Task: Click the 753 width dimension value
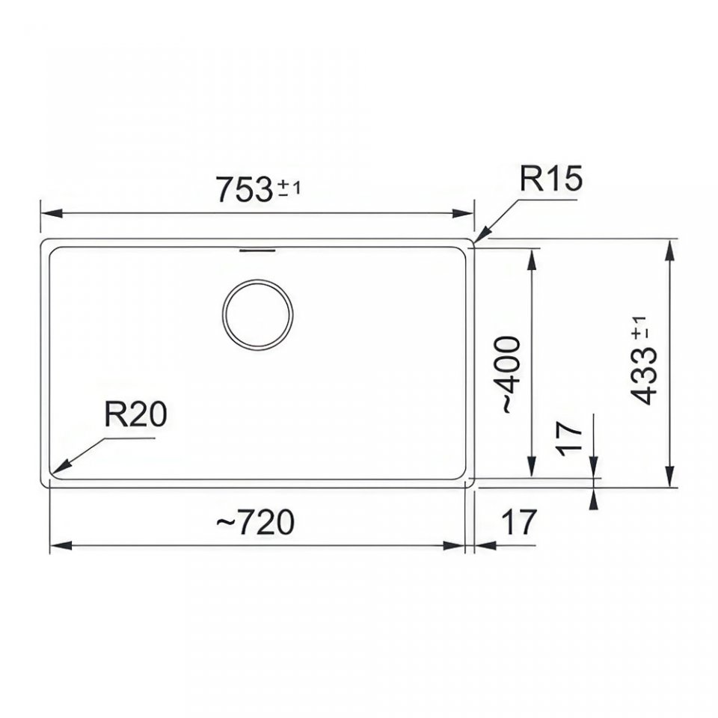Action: [245, 189]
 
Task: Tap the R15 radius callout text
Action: [551, 178]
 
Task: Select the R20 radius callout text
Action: [135, 414]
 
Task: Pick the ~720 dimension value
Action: [255, 523]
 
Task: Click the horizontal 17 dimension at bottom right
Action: [519, 523]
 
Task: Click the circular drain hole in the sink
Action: [258, 315]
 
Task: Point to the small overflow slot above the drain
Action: [257, 251]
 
